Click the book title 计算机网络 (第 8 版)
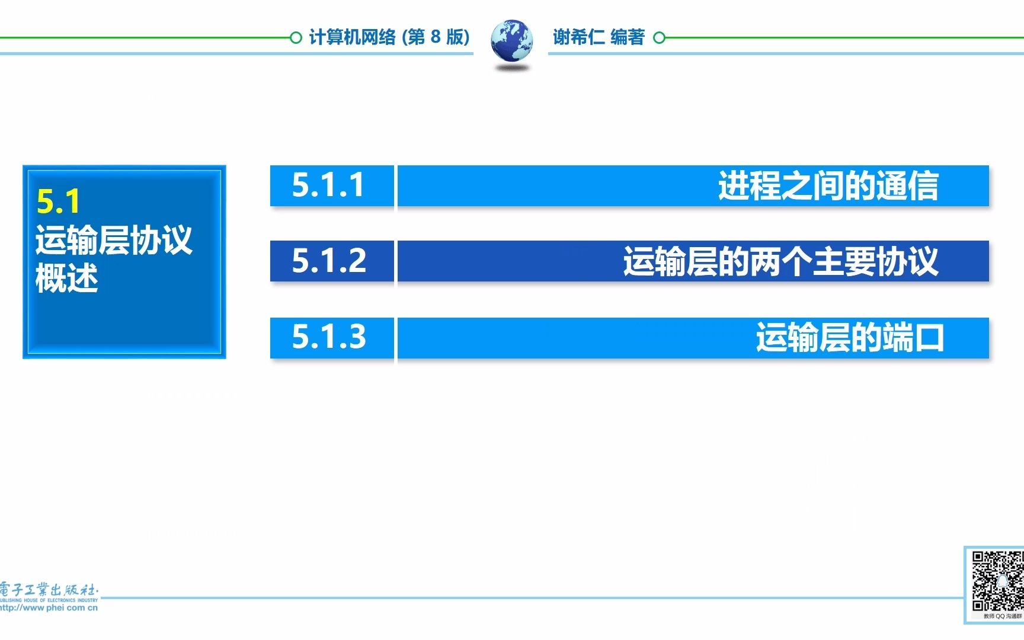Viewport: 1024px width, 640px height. click(x=389, y=37)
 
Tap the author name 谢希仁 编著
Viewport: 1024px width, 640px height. click(x=599, y=37)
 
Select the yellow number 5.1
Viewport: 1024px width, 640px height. click(x=58, y=201)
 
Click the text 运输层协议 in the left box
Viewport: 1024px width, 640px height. click(x=114, y=240)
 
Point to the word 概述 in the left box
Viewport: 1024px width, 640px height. click(x=66, y=278)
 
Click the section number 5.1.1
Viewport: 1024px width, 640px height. click(x=328, y=185)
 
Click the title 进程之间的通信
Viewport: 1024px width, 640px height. click(x=828, y=185)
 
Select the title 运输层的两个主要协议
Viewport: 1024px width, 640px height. click(x=780, y=261)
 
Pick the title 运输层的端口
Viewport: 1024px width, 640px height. click(x=849, y=337)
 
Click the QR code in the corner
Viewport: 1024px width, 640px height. click(x=998, y=581)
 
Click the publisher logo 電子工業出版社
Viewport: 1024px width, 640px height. click(x=49, y=590)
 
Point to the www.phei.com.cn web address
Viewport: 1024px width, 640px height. click(x=49, y=607)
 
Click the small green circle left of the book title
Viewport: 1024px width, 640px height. click(x=296, y=38)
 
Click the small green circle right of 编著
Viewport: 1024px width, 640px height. click(x=659, y=38)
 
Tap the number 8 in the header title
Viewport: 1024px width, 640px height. click(x=436, y=37)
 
